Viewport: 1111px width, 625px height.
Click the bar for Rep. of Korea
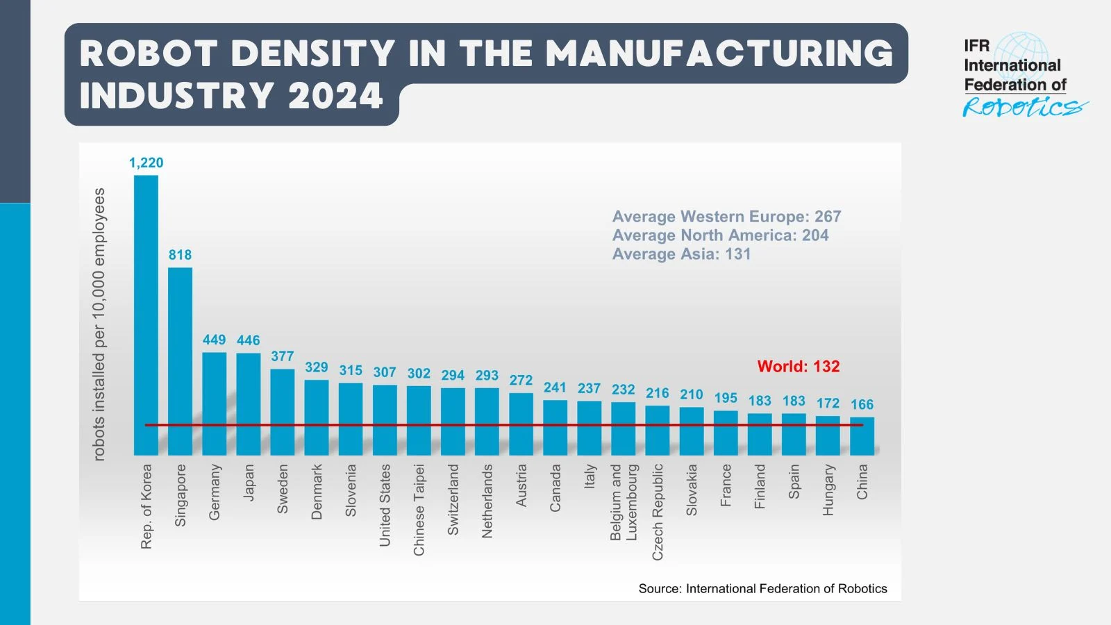tap(146, 312)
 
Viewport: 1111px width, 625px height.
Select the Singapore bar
tap(180, 361)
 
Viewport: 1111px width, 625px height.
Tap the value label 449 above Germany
tap(214, 340)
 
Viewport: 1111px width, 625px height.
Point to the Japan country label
tap(249, 482)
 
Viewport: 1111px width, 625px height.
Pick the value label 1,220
tap(146, 162)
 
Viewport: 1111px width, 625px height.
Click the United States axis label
tap(385, 505)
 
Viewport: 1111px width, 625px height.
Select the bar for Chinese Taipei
tap(419, 420)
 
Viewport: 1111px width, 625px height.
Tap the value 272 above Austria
tap(521, 380)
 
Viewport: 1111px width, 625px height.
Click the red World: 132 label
tap(798, 366)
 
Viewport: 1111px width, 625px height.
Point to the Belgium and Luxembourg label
tap(623, 502)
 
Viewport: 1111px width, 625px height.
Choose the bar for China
tap(862, 436)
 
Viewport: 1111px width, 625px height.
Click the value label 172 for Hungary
tap(828, 403)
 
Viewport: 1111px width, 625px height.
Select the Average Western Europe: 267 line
tap(726, 217)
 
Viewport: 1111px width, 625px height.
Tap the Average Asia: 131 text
tap(681, 254)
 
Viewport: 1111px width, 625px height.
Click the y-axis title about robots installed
tap(99, 324)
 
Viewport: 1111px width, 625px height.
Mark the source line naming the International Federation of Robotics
tap(762, 588)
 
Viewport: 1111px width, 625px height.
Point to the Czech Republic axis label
tap(658, 512)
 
